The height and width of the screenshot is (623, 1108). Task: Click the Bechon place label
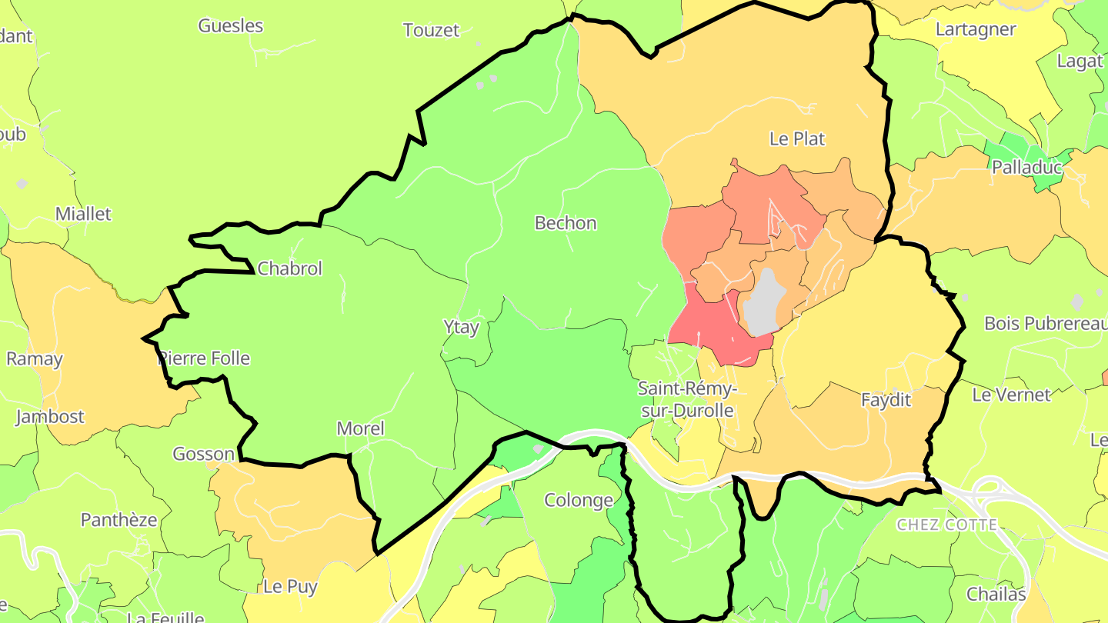pyautogui.click(x=566, y=223)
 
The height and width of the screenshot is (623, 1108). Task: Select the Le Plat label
pyautogui.click(x=797, y=138)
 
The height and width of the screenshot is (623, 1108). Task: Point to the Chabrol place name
pyautogui.click(x=290, y=268)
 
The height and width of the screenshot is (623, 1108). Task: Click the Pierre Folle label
pyautogui.click(x=204, y=358)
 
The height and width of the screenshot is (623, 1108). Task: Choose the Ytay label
pyautogui.click(x=462, y=327)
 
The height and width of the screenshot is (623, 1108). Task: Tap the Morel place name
pyautogui.click(x=360, y=428)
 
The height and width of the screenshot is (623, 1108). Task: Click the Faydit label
pyautogui.click(x=886, y=400)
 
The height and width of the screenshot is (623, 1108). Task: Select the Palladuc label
pyautogui.click(x=1026, y=167)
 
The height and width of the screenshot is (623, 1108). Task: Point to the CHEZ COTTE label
pyautogui.click(x=946, y=525)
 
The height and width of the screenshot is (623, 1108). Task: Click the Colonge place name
pyautogui.click(x=579, y=500)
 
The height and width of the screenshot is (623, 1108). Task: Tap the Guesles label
pyautogui.click(x=231, y=25)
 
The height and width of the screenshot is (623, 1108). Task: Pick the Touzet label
pyautogui.click(x=431, y=30)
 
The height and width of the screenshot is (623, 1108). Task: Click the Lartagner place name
pyautogui.click(x=976, y=29)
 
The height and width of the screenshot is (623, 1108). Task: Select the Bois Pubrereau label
pyautogui.click(x=1046, y=323)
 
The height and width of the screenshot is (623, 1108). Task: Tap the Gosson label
pyautogui.click(x=203, y=454)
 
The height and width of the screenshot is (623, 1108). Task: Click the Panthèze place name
pyautogui.click(x=119, y=520)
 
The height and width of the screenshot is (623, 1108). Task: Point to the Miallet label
pyautogui.click(x=83, y=214)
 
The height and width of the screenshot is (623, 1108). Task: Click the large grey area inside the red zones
pyautogui.click(x=764, y=304)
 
